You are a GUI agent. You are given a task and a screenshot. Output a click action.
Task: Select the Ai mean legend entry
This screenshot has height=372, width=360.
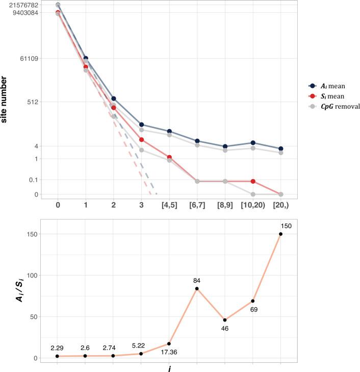pyautogui.click(x=336, y=86)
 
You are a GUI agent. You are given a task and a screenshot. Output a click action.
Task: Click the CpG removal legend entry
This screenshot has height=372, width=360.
pyautogui.click(x=341, y=106)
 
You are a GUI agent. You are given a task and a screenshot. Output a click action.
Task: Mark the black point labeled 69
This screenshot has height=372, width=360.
pyautogui.click(x=253, y=301)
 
